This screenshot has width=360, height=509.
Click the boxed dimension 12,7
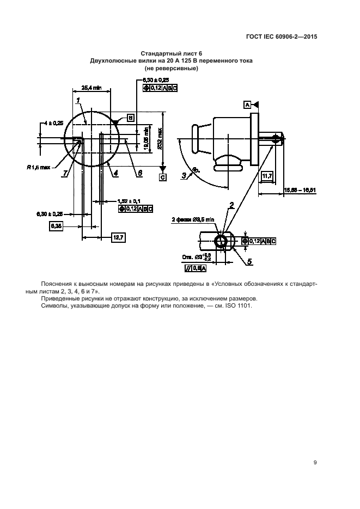(118, 237)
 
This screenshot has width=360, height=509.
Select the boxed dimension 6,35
(56, 225)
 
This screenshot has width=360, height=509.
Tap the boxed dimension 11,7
(267, 176)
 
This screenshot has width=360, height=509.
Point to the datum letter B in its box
(131, 117)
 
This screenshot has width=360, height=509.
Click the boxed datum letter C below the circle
(162, 177)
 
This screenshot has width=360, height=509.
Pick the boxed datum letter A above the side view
(247, 104)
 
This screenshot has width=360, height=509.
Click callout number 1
(78, 100)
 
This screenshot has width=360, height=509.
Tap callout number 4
(116, 173)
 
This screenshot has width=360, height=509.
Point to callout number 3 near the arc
(185, 175)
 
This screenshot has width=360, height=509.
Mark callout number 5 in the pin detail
(249, 262)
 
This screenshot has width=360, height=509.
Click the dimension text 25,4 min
(91, 87)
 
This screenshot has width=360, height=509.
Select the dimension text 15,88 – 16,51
(300, 190)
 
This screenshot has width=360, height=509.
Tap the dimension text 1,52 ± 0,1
(129, 201)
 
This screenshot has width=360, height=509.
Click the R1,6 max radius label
(38, 167)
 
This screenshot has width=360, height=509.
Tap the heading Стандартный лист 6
(171, 53)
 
